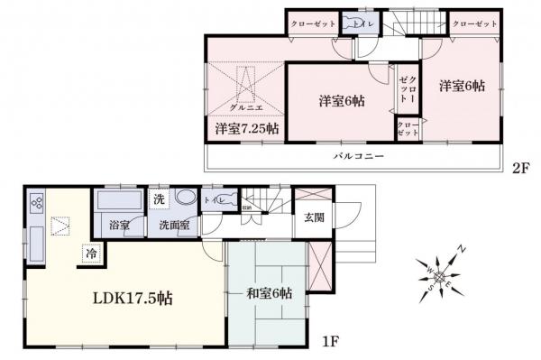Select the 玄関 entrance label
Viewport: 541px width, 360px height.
click(314, 217)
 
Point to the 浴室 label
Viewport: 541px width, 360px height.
click(120, 226)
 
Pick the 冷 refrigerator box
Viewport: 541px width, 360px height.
click(91, 254)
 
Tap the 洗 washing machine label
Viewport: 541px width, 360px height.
click(159, 198)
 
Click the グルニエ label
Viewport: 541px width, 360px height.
click(246, 106)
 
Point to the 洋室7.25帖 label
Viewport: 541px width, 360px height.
click(246, 130)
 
